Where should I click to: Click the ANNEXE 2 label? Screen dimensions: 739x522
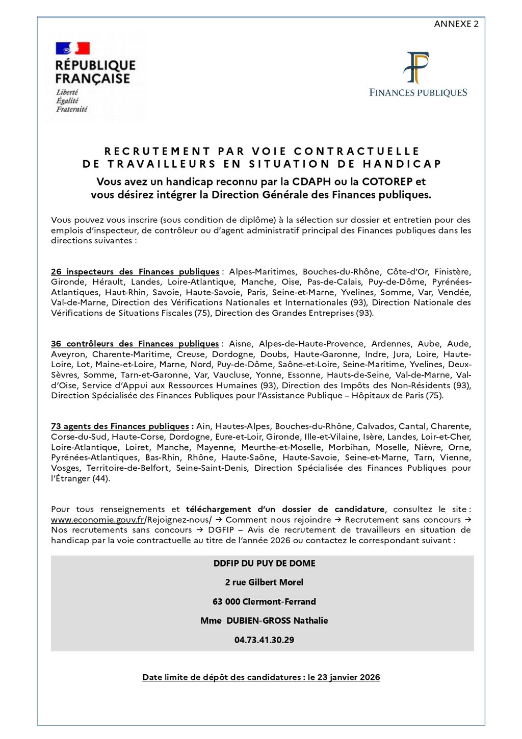click(456, 24)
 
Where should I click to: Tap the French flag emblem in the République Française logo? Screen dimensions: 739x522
click(72, 48)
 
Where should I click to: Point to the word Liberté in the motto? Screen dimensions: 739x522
click(67, 92)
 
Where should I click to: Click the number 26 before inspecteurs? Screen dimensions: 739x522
click(56, 272)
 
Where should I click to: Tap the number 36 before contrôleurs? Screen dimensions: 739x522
click(56, 344)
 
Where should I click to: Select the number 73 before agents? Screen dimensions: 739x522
click(56, 426)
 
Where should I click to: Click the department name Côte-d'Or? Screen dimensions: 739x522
click(407, 272)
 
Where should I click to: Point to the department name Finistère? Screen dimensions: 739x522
click(453, 272)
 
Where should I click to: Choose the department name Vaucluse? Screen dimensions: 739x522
click(232, 375)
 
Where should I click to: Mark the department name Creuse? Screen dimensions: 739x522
click(191, 354)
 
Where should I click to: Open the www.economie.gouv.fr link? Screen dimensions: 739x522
click(97, 520)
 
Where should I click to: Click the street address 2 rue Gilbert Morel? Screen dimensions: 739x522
click(264, 582)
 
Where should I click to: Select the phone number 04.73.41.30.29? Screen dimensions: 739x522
click(264, 640)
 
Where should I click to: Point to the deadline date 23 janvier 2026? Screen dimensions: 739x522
click(349, 677)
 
